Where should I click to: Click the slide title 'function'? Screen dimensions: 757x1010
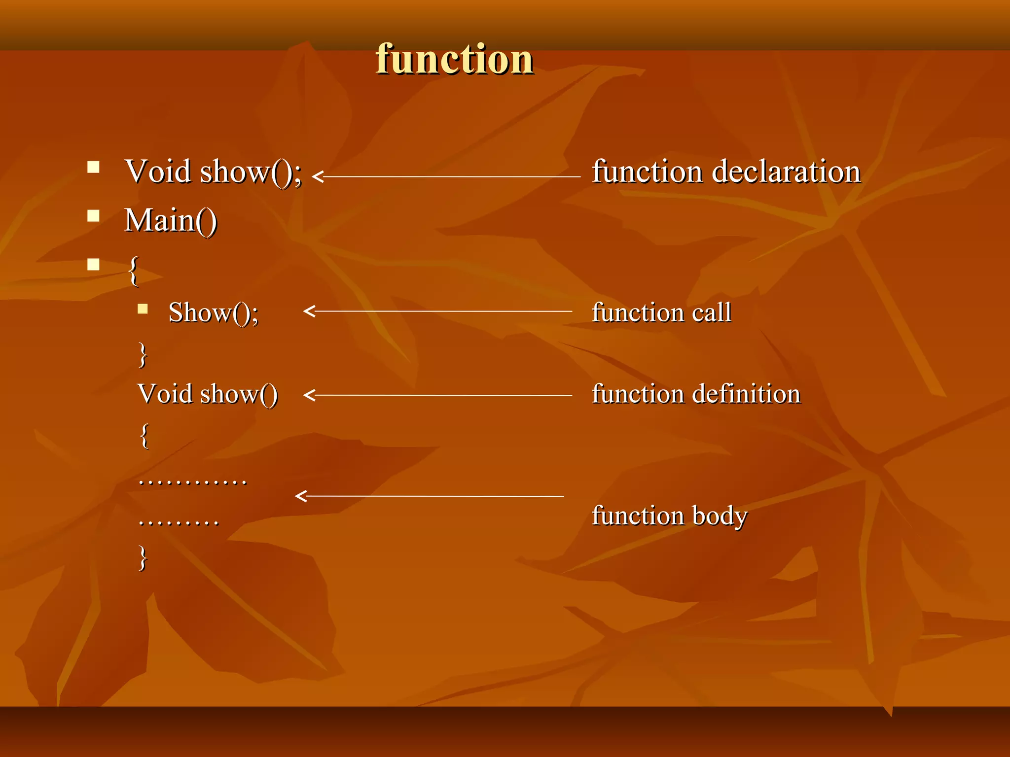click(x=454, y=59)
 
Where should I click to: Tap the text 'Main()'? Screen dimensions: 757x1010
click(x=171, y=220)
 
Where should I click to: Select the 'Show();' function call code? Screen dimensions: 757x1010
click(x=213, y=312)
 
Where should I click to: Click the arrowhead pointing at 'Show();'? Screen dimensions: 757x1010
click(x=309, y=311)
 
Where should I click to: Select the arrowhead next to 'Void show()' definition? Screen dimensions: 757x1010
click(x=309, y=395)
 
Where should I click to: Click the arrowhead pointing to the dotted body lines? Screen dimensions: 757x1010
click(x=301, y=496)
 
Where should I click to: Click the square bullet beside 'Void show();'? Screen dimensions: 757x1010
click(x=93, y=168)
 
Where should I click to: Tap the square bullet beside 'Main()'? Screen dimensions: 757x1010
click(x=93, y=216)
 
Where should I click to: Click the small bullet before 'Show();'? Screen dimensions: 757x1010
click(x=143, y=309)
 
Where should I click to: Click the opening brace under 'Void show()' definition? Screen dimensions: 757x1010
click(x=144, y=436)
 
